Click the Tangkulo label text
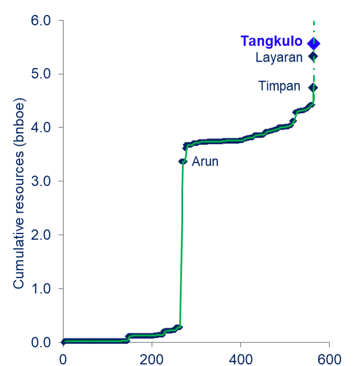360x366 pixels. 271,42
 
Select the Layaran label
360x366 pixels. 279,57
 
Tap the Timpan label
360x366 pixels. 279,86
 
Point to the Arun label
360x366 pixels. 205,162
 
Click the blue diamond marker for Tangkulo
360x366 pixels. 314,43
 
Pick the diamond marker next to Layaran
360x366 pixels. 313,56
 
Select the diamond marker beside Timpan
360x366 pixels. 313,87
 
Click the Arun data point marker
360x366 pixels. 183,161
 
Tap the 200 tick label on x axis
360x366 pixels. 152,359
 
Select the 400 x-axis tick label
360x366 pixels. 240,359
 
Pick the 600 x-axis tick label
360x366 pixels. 329,359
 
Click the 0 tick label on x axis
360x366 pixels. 63,359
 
